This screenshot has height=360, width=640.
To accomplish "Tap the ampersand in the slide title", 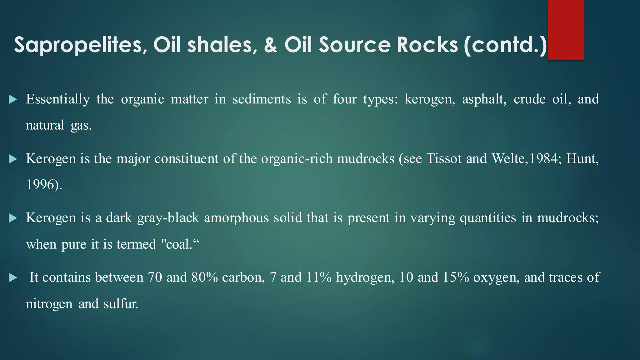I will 271,44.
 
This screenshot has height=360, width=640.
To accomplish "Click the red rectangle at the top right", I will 566,30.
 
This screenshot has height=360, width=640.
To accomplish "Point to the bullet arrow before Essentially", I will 13,100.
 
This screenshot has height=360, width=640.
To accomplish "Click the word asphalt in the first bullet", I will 484,99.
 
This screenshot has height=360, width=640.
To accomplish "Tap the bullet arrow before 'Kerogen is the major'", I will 13,159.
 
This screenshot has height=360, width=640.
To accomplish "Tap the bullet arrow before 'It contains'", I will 13,277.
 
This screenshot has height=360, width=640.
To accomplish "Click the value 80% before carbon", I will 205,277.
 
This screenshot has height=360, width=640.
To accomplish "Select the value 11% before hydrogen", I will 319,277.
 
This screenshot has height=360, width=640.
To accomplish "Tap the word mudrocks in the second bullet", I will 366,159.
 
